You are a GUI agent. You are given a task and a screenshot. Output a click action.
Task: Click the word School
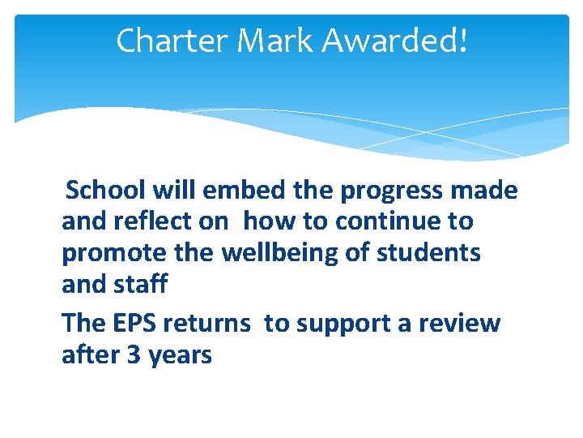(x=108, y=191)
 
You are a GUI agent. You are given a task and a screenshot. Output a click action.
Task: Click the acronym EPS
(x=131, y=323)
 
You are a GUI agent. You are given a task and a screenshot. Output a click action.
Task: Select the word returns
(x=206, y=323)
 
